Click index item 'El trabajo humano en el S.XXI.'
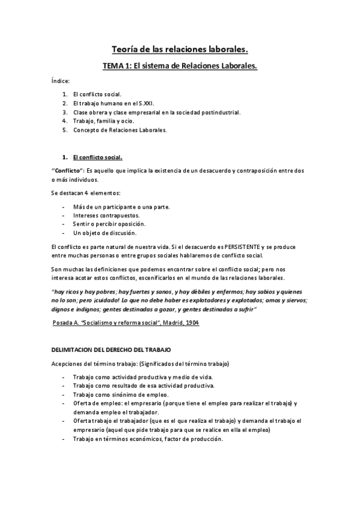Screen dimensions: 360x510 pos(111,103)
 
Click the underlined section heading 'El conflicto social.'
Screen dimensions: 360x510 pos(97,158)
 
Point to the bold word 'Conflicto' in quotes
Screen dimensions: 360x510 pos(67,171)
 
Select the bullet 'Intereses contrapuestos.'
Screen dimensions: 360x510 pos(106,215)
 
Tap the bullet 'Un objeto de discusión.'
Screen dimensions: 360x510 pos(105,233)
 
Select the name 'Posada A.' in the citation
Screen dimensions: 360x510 pos(66,323)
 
